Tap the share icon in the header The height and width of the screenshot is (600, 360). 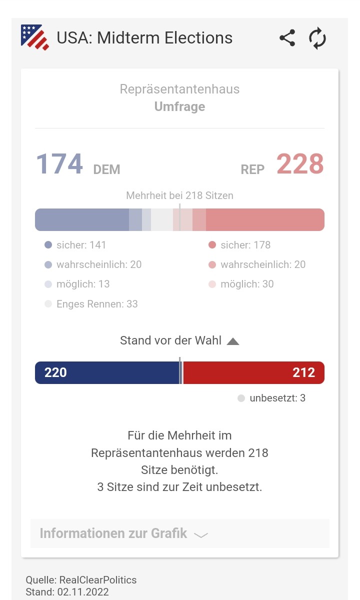pos(287,38)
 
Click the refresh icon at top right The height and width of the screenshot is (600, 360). pos(317,38)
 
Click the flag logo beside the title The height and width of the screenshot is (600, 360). pos(35,37)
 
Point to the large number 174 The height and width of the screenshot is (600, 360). pos(59,164)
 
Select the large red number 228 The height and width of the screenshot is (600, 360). pos(300,164)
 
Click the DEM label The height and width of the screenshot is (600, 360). pos(106,169)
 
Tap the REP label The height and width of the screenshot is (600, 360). pos(252,169)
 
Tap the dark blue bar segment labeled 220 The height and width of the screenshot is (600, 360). pos(106,372)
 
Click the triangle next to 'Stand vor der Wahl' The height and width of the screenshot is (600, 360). pos(233,341)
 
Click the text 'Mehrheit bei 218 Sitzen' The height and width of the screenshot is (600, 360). pos(179,195)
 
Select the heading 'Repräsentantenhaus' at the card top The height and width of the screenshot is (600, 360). pos(179,89)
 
